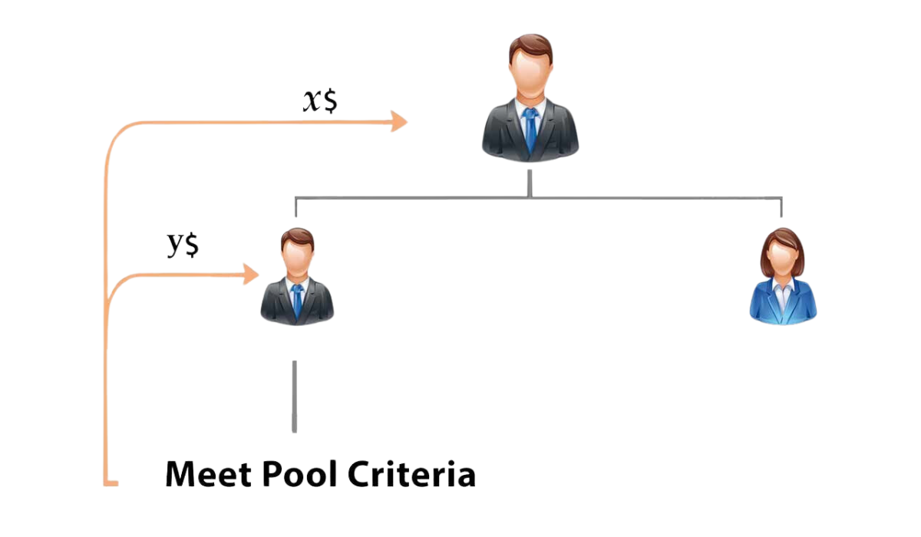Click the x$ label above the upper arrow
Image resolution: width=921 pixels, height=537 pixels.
(x=319, y=101)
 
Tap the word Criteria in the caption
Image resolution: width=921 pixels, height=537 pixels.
(x=411, y=474)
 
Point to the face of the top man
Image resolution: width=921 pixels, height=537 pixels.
(x=530, y=77)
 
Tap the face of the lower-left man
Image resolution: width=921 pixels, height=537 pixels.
(x=297, y=259)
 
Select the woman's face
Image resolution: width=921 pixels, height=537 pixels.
(x=782, y=261)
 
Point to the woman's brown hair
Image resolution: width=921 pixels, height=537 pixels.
(x=782, y=238)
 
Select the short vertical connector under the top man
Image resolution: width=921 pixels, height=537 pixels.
(x=530, y=183)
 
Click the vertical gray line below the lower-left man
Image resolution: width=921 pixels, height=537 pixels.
(x=294, y=396)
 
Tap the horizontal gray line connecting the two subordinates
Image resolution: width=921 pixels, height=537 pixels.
(x=614, y=197)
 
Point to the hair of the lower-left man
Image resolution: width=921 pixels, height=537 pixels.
(x=297, y=236)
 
